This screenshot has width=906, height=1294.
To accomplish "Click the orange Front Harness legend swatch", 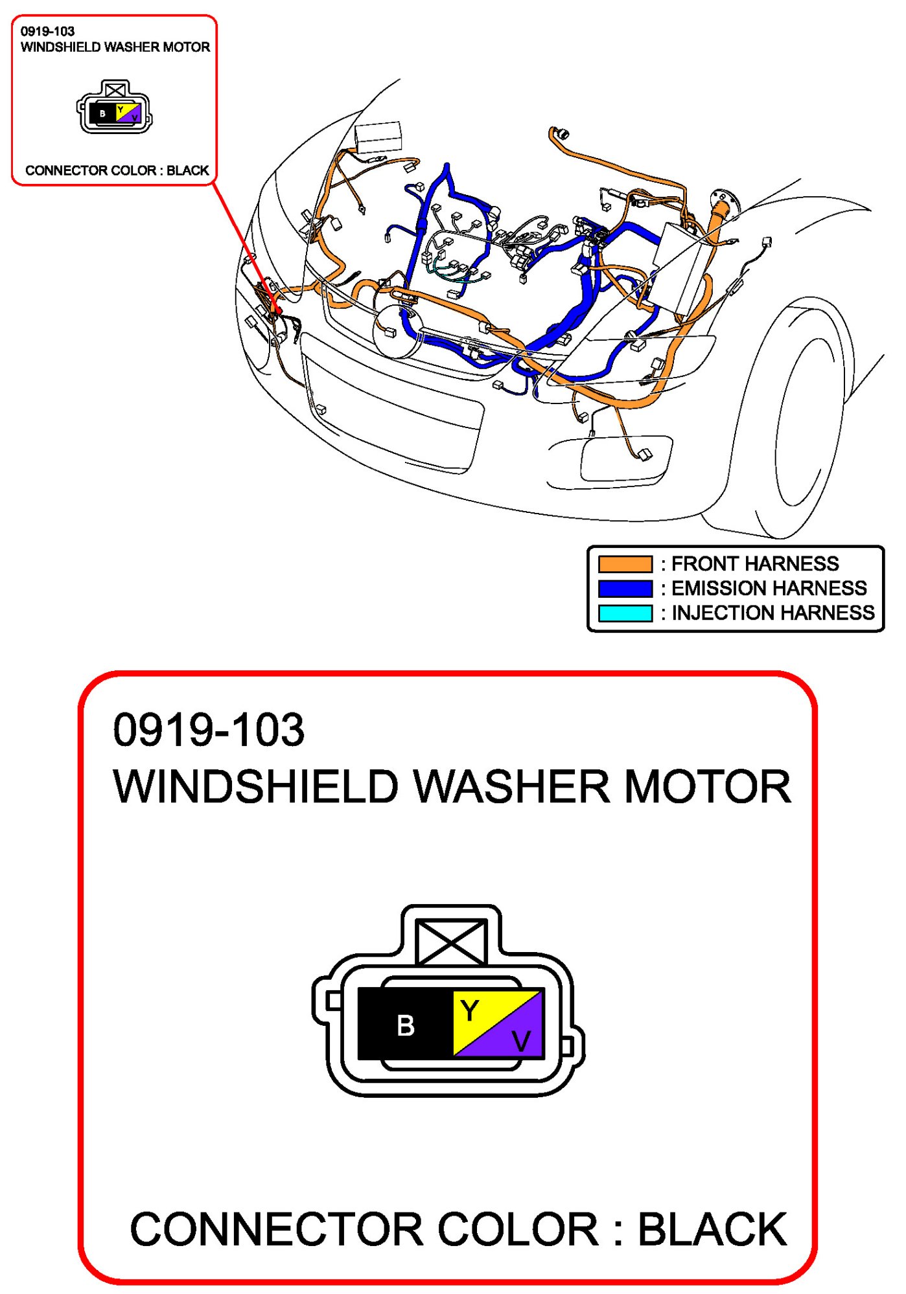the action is (x=625, y=564).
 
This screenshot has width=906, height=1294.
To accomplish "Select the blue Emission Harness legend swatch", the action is (x=625, y=589).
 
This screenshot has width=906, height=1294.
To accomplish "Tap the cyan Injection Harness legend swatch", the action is (x=625, y=613).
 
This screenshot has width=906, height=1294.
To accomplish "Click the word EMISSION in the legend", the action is (x=717, y=589).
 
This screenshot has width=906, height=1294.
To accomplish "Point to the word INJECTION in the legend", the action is (x=719, y=613).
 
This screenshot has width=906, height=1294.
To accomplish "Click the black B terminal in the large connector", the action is (x=405, y=1025).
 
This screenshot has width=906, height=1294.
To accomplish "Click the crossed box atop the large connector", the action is (x=451, y=942).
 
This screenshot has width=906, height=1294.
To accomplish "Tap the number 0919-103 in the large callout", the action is (x=208, y=730).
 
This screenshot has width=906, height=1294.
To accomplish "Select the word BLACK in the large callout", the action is (x=712, y=1229).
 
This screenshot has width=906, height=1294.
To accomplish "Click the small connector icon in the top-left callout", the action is (x=115, y=108).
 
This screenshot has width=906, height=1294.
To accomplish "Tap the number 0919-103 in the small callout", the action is (x=47, y=31).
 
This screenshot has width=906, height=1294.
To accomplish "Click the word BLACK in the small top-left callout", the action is (x=188, y=170).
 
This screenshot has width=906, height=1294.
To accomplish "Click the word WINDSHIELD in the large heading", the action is (x=255, y=788).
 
